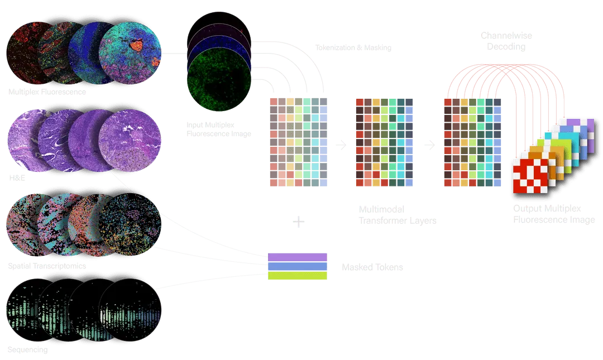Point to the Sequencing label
(x=27, y=351)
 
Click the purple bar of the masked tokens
(x=298, y=257)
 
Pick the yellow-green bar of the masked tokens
(x=298, y=276)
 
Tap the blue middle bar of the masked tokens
(x=298, y=267)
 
